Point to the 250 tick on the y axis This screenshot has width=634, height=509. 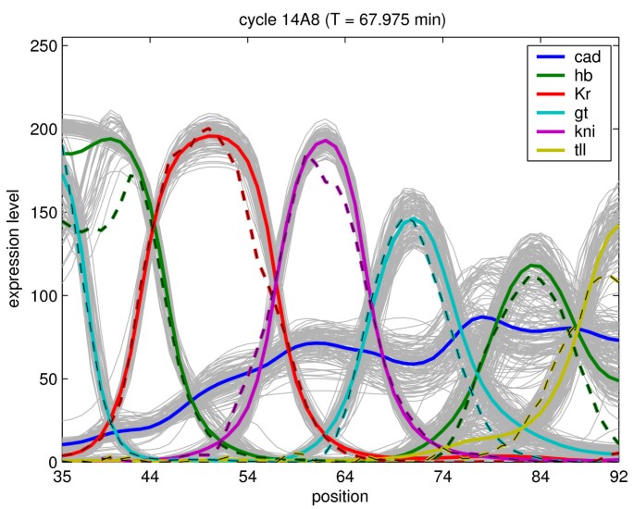pyautogui.click(x=43, y=45)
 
